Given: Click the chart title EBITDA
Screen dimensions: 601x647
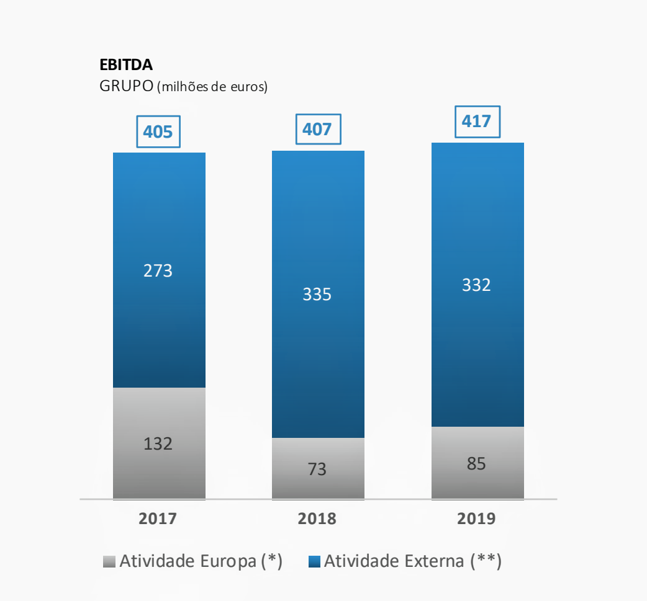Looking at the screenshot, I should point(126,65).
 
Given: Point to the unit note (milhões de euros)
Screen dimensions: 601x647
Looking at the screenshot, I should point(212,87).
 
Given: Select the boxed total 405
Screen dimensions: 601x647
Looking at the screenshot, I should point(158,131).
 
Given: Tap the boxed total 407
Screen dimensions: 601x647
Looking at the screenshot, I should point(317,129).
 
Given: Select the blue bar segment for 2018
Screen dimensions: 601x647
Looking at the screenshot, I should point(318,236).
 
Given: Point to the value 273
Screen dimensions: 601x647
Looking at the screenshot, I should point(158,271).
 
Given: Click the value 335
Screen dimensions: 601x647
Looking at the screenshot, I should point(317,295).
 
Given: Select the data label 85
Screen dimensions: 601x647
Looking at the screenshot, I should point(476,463).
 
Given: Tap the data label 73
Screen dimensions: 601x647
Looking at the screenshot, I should point(317,469).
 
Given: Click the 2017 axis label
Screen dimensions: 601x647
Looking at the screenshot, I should point(158,519).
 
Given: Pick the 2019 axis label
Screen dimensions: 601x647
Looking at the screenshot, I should point(476,519).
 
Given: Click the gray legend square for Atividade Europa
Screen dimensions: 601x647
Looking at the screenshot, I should point(109,562).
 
